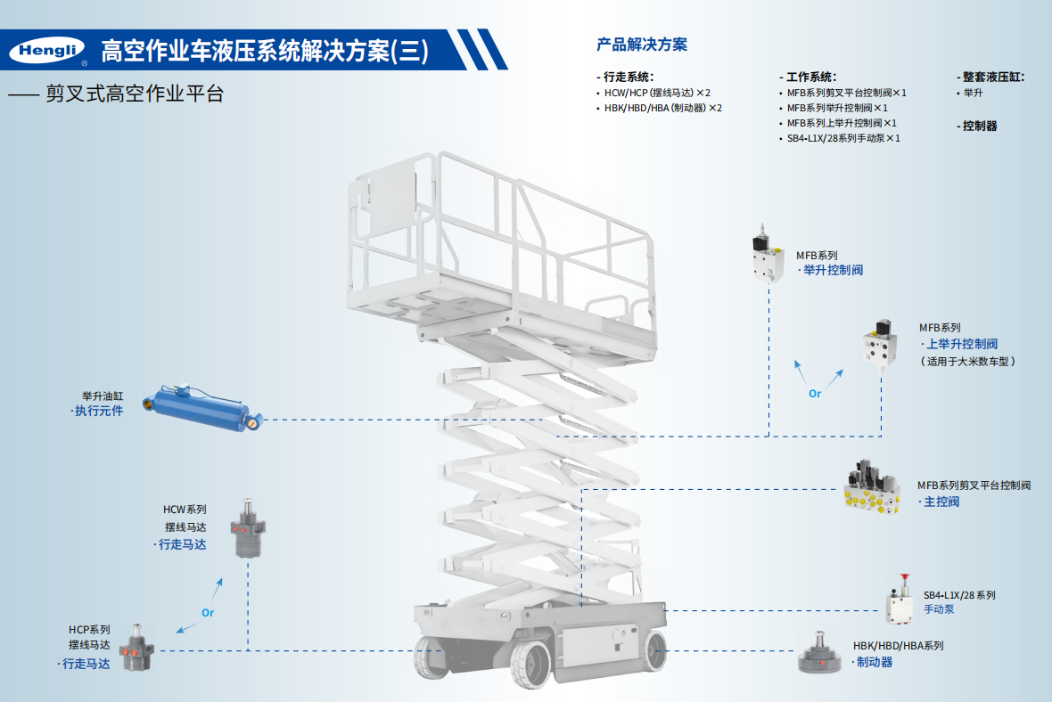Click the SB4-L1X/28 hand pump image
click(900, 601)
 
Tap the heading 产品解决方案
click(642, 45)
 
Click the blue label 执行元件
click(99, 411)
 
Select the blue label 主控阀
click(941, 502)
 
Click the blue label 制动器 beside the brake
click(874, 662)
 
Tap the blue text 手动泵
click(939, 609)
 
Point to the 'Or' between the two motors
click(208, 613)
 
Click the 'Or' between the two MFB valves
click(815, 393)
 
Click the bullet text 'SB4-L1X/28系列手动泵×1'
click(843, 138)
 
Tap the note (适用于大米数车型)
click(968, 361)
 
